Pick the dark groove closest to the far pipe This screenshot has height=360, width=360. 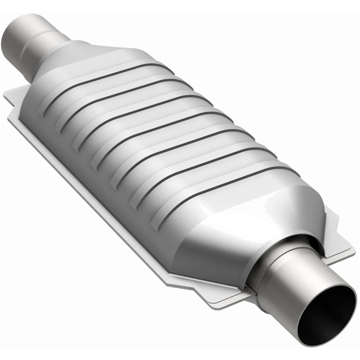pos(112,72)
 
